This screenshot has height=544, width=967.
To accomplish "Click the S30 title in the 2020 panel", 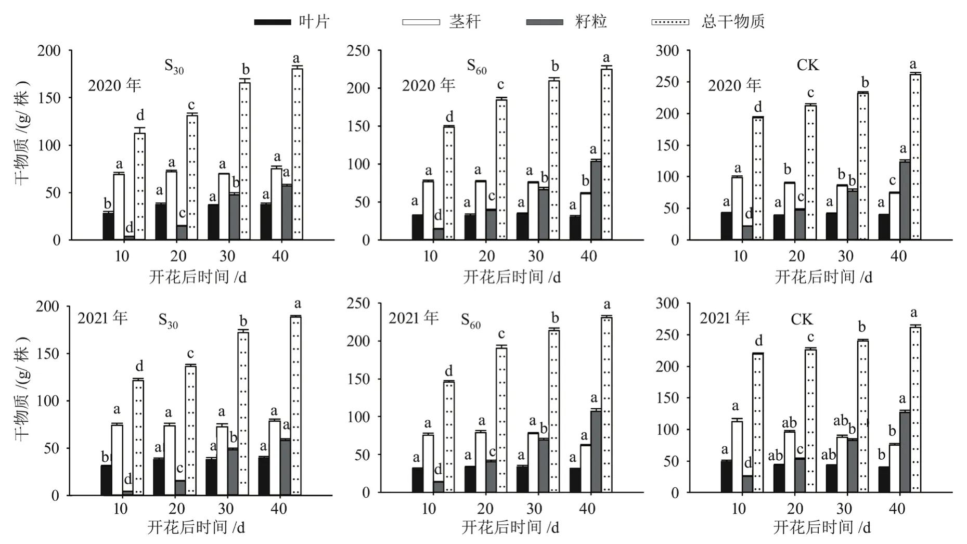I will [174, 67].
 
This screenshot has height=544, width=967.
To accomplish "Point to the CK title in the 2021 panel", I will [801, 319].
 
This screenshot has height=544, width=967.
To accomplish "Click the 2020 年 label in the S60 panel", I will [428, 85].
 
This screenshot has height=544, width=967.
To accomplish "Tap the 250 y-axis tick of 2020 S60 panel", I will [358, 51].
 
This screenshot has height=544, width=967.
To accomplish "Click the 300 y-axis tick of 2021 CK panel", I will [667, 304].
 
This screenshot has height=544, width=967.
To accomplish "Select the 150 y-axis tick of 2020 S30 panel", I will [49, 98].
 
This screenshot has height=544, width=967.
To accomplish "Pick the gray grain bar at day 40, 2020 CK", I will [905, 200].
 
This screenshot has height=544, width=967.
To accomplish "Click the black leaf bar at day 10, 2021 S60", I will [417, 480].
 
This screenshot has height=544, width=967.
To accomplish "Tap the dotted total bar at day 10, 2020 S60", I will [448, 183].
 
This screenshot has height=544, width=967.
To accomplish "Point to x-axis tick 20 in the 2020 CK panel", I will [796, 256].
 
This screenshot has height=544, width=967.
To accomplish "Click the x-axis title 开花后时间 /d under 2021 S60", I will [510, 527].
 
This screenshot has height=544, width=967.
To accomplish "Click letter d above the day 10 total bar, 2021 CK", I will [758, 341].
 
